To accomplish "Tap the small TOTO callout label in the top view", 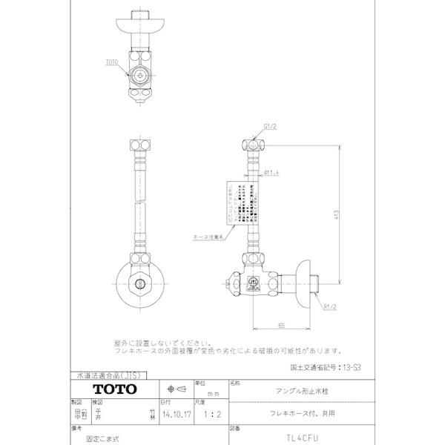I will [112, 65].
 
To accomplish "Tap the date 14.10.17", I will [177, 416].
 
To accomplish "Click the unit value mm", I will [213, 393].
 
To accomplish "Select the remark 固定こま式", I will [119, 438].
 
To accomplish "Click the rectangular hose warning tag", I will [243, 202].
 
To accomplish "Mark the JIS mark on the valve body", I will [252, 282].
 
